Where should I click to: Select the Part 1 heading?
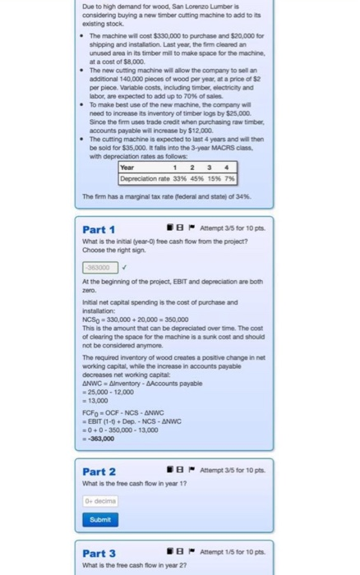(99, 228)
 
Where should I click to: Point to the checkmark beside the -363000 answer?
(124, 266)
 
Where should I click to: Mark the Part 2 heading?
(99, 471)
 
